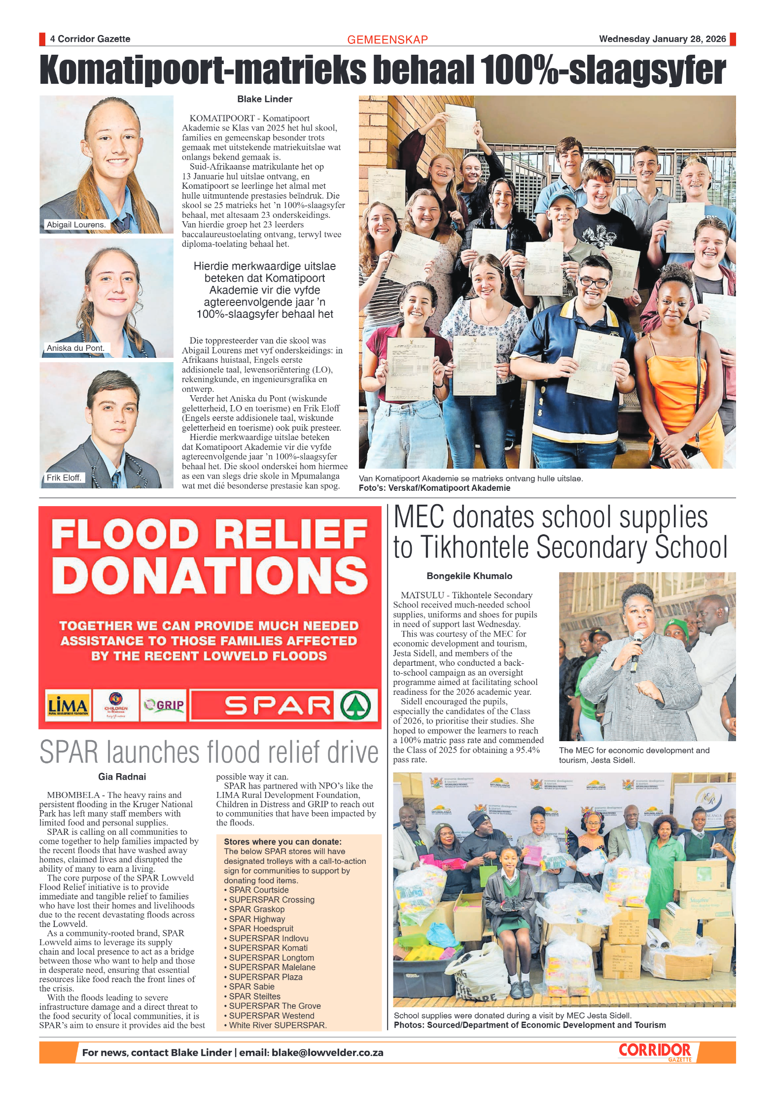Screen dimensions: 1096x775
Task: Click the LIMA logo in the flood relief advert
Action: (68, 706)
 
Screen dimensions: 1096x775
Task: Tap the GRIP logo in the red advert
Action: (164, 706)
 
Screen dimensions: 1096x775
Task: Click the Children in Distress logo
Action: (115, 706)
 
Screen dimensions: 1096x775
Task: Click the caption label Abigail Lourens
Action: (76, 225)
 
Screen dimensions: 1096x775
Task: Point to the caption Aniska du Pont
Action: (75, 348)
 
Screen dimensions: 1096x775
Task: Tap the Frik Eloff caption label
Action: (64, 478)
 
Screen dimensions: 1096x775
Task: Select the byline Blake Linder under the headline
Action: (265, 99)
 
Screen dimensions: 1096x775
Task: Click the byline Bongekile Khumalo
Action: (469, 576)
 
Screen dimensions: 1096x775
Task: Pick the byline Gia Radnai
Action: (122, 777)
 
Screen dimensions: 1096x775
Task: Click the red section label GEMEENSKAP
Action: (387, 40)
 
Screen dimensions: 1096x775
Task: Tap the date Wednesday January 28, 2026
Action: (662, 39)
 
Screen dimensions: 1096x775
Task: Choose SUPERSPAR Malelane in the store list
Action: (272, 967)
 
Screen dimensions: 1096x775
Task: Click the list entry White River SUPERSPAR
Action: (277, 1025)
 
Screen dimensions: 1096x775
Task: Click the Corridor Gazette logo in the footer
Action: (655, 1052)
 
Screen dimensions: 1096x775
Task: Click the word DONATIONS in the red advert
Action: (210, 576)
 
